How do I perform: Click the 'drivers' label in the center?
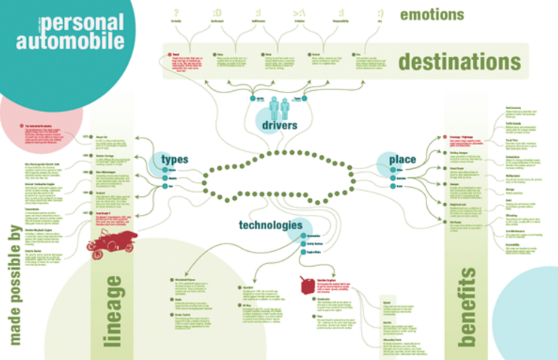(277, 124)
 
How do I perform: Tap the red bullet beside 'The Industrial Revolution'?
(22, 124)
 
